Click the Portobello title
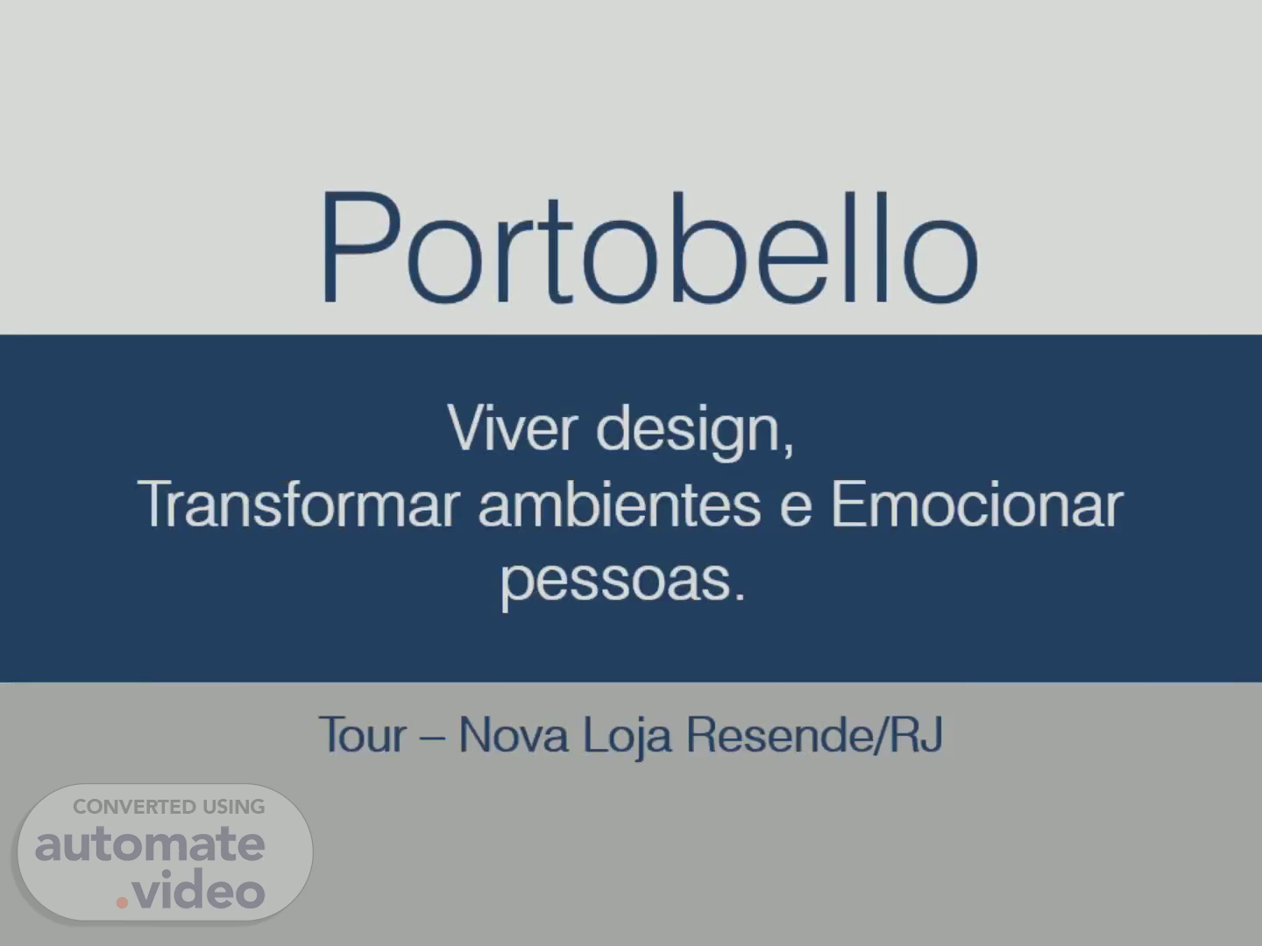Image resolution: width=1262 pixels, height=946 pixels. click(x=649, y=246)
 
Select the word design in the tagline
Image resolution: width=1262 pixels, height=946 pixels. click(x=688, y=432)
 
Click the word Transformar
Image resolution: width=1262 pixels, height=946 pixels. click(x=299, y=504)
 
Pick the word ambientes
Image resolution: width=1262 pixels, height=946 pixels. click(x=620, y=504)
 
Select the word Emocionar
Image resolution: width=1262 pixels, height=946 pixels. click(x=977, y=504)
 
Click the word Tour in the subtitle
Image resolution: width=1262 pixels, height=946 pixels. click(x=363, y=734)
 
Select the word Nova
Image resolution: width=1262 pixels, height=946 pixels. click(x=514, y=734)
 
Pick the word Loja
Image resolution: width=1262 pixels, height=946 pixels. click(x=627, y=738)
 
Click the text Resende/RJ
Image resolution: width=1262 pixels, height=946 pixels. click(x=815, y=735)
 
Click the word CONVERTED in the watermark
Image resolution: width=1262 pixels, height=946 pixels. click(x=127, y=807)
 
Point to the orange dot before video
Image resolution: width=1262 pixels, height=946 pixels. click(x=122, y=902)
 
